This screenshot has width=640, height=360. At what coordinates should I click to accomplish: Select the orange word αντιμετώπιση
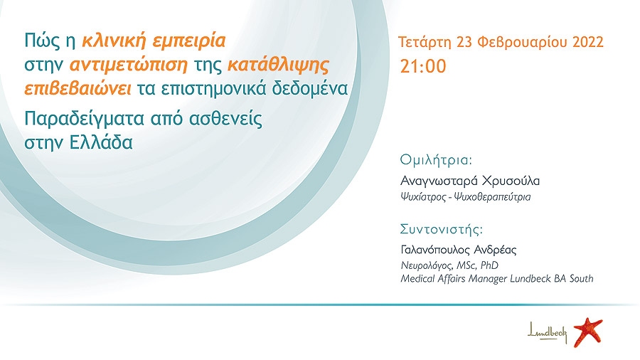tap(129, 65)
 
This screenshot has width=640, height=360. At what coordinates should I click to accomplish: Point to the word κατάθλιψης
tap(278, 65)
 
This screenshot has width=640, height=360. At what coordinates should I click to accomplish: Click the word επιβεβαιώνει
tap(78, 88)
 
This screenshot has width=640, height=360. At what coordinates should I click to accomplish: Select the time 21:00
tap(423, 67)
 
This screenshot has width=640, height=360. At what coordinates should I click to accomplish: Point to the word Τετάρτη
tap(425, 43)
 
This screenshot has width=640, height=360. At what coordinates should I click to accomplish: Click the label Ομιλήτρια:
tap(436, 159)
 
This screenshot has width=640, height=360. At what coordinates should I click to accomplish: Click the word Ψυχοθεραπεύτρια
tap(493, 197)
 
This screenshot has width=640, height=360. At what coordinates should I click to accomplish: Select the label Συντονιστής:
tap(441, 229)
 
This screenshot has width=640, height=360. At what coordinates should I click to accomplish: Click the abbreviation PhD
tap(489, 265)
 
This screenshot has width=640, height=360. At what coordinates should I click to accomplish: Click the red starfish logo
tap(588, 332)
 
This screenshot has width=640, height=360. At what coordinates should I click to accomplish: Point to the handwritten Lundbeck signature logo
tap(548, 333)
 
